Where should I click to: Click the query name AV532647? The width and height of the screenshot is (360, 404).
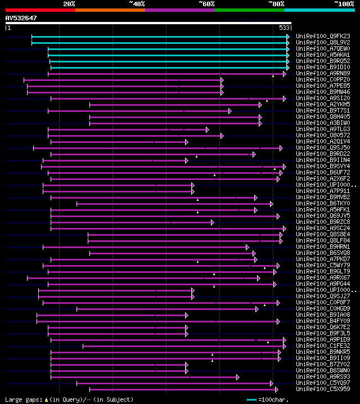(21, 18)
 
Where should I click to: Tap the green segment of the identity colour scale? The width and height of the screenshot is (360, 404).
(249, 10)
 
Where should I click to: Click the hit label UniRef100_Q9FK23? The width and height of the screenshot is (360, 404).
(323, 36)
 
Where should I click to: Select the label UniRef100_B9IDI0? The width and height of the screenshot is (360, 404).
(323, 67)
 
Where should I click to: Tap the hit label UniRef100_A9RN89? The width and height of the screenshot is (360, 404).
(323, 73)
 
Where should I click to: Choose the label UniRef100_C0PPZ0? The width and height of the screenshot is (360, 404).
(323, 79)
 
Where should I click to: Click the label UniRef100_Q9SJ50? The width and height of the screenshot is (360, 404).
(323, 147)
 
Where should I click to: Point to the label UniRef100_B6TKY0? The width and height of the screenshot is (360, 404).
(323, 203)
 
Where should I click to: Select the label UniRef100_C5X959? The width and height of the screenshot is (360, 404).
(323, 389)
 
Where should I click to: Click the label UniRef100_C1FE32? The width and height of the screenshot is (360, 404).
(323, 345)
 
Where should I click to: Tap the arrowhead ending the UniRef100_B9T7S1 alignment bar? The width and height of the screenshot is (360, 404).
(229, 111)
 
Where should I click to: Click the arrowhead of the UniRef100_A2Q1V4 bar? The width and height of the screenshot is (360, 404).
(187, 142)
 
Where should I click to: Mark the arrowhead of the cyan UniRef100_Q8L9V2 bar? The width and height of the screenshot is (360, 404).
(288, 42)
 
